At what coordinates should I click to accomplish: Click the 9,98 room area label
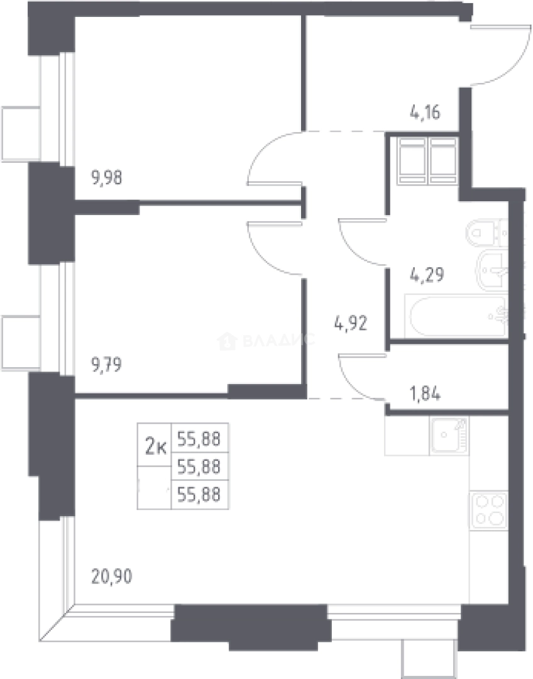point(106,177)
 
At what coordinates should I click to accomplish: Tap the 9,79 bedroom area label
point(106,365)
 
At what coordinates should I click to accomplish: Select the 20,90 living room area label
point(112,577)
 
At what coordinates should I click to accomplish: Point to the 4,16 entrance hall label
point(425,113)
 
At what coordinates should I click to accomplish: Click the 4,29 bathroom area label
point(427,275)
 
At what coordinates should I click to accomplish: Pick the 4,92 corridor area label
point(351,323)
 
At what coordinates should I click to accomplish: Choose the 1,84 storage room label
point(425,394)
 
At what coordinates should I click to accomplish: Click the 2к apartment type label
point(155,446)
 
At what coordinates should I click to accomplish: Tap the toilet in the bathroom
point(487,233)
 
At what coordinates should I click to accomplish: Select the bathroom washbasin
point(492,270)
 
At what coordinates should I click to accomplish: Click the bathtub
point(456,316)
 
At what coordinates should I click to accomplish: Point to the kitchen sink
point(449,436)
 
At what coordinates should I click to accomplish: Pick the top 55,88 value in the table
point(199,439)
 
